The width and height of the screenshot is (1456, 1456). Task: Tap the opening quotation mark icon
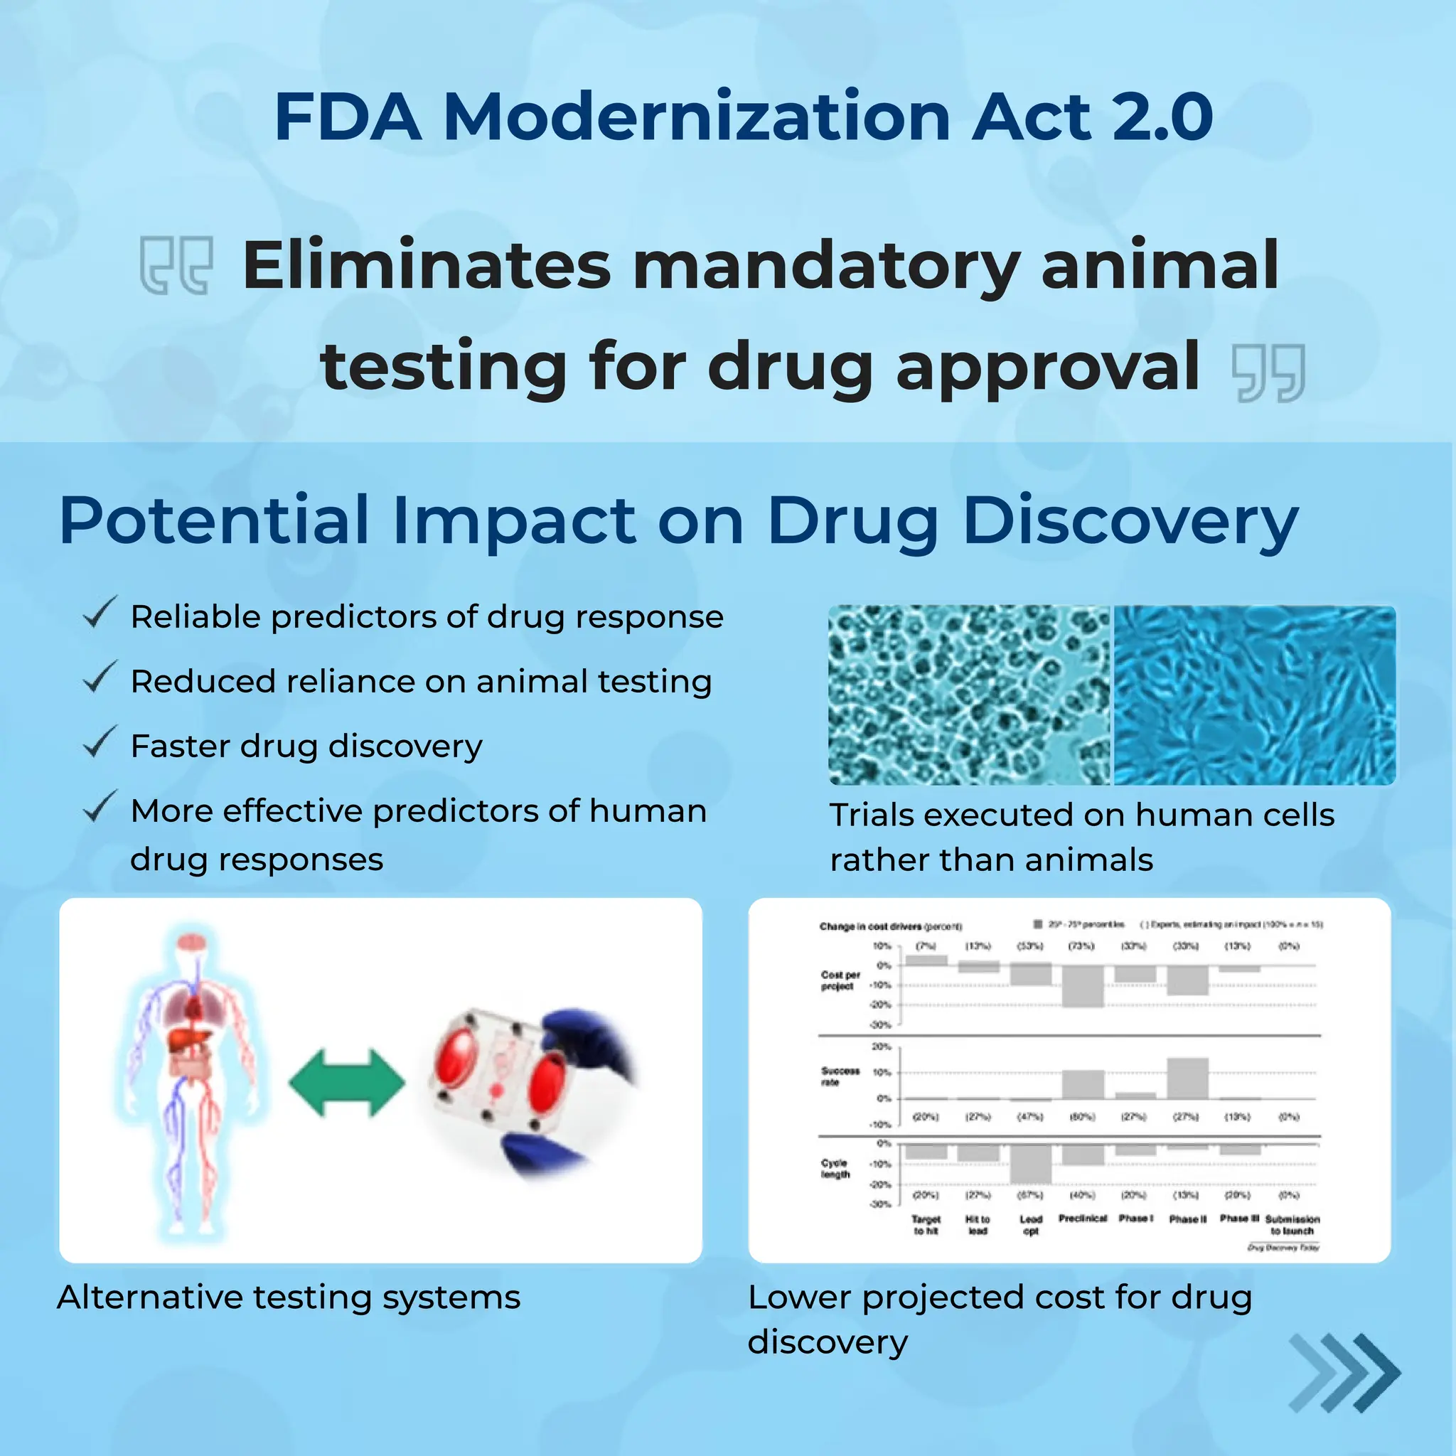(x=176, y=265)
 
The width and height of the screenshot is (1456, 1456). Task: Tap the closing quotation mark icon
(x=1268, y=373)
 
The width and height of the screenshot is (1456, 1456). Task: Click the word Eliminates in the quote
(x=427, y=265)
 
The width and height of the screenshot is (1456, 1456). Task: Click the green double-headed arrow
(x=347, y=1083)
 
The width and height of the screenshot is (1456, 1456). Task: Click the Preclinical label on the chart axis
(x=1082, y=1219)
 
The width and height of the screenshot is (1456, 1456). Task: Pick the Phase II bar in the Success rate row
(x=1188, y=1078)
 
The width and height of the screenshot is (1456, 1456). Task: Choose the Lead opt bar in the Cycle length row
(x=1030, y=1164)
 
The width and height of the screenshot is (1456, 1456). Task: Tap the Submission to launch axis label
(x=1292, y=1225)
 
